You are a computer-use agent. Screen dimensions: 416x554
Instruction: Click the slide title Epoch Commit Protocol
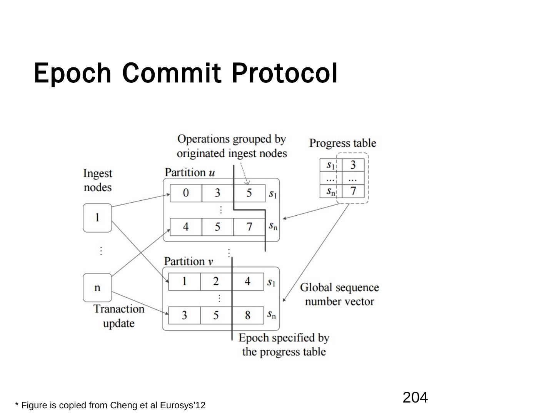click(185, 73)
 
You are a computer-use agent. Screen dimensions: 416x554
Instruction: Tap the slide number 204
click(415, 397)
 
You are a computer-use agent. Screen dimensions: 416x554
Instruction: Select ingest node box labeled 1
click(97, 218)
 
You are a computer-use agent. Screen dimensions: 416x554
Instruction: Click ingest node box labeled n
click(97, 287)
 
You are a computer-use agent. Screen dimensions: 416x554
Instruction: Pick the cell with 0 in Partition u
click(186, 193)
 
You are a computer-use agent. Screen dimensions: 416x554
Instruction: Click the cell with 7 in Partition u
click(249, 227)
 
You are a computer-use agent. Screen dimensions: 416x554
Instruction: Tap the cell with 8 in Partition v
click(247, 315)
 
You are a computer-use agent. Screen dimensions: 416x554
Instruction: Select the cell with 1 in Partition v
click(185, 282)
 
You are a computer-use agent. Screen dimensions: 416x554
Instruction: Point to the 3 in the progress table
click(353, 165)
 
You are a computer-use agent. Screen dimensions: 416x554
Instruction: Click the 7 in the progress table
click(353, 191)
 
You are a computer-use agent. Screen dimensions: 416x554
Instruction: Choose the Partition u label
click(190, 172)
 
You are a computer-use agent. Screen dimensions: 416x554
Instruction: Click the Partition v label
click(189, 261)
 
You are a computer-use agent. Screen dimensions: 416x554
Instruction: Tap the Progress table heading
click(342, 143)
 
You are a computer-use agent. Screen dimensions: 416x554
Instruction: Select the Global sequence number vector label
click(339, 294)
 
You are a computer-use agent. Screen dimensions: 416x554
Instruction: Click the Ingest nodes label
click(98, 180)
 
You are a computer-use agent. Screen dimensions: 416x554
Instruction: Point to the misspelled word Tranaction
click(119, 309)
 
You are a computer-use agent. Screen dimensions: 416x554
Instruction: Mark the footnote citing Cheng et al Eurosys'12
click(110, 405)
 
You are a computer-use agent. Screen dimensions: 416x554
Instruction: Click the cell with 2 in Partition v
click(216, 282)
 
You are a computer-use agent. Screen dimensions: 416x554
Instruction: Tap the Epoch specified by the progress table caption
click(284, 345)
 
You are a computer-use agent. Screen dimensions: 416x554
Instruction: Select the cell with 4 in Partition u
click(186, 227)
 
